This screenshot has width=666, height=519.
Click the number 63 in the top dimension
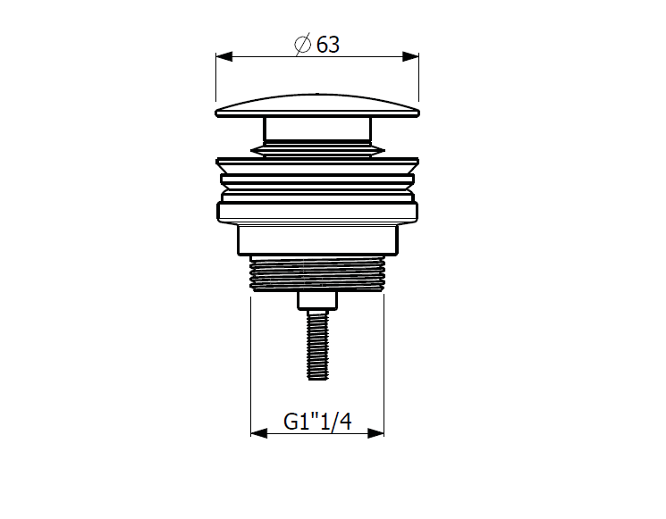(328, 45)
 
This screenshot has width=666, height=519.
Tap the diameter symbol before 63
(303, 44)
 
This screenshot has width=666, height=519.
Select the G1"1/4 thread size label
(317, 422)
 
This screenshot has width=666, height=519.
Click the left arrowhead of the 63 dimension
(223, 56)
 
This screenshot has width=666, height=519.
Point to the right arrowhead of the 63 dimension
(410, 56)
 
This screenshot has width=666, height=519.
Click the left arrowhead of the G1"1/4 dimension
(258, 433)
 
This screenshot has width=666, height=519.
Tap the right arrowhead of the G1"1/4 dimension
(375, 433)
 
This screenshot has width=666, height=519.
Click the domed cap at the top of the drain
(317, 105)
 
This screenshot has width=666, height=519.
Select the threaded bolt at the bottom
(317, 345)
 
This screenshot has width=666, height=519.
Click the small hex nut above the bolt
(317, 300)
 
